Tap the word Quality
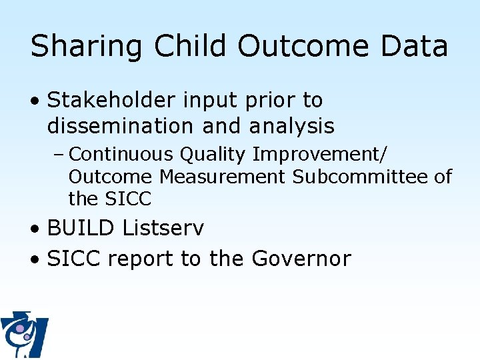(215, 155)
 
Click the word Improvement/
(319, 155)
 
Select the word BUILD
(81, 228)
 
